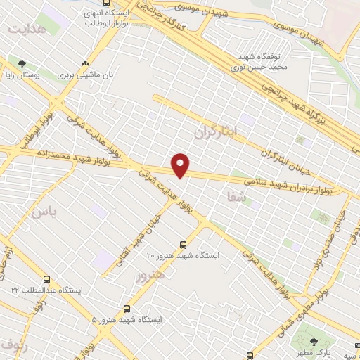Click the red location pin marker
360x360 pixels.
181,165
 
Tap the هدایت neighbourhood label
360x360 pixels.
27,29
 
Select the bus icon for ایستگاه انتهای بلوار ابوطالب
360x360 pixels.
106,4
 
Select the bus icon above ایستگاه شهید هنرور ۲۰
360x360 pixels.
183,245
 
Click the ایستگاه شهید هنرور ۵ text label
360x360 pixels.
127,319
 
